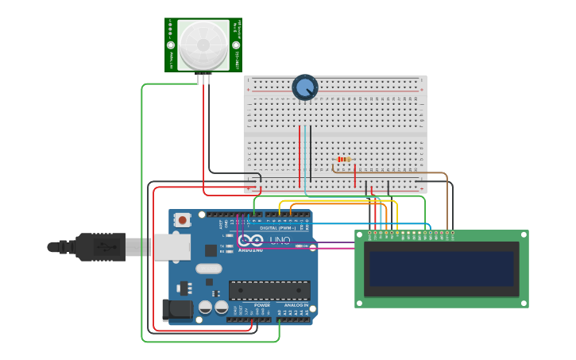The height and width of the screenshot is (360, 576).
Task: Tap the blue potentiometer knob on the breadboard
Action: (x=304, y=87)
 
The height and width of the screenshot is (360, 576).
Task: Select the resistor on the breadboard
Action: (x=343, y=159)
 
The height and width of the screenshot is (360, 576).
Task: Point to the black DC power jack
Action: (x=176, y=309)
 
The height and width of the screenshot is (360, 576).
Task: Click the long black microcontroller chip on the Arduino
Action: (x=269, y=290)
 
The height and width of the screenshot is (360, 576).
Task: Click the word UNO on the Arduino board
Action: (x=280, y=240)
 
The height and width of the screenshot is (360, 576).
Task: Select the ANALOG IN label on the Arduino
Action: (x=296, y=305)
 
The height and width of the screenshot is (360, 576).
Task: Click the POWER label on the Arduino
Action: (x=262, y=305)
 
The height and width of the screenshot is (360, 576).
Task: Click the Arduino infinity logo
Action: (x=250, y=240)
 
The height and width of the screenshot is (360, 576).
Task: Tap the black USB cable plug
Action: (x=99, y=246)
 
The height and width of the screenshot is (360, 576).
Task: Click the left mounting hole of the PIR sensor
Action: (x=171, y=45)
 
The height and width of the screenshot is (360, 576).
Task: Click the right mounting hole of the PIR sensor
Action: (x=236, y=45)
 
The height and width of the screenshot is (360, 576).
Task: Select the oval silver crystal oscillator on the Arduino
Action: (x=208, y=269)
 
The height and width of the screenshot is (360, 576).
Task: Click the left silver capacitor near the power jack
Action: (x=205, y=307)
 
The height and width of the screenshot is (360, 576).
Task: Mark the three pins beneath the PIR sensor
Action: (x=206, y=77)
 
